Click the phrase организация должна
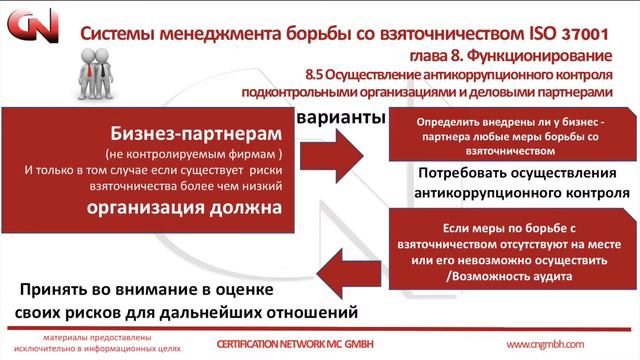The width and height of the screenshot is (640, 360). pos(196,208)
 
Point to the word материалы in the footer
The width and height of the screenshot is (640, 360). pos(76,338)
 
